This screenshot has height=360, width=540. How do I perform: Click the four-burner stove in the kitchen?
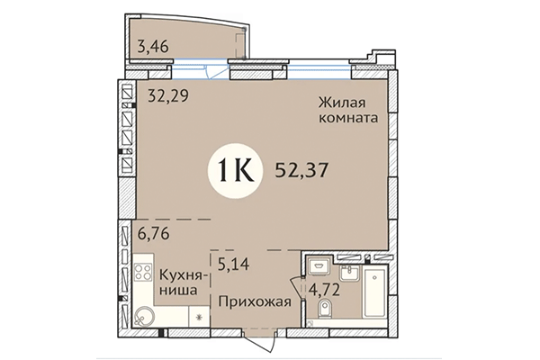click(x=143, y=274)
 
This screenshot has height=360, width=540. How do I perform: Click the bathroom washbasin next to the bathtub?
click(x=348, y=272)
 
